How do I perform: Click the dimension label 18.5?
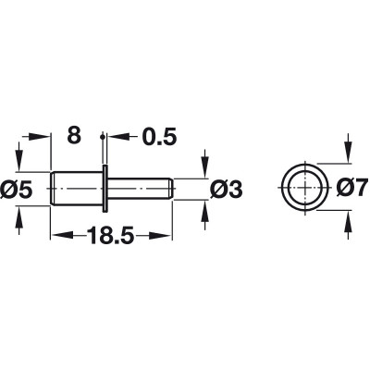111,236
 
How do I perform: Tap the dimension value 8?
74,135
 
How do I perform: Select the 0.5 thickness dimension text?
159,136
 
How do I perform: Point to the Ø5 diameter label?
17,189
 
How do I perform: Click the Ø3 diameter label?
226,189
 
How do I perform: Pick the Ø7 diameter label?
352,187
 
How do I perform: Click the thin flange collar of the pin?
105,189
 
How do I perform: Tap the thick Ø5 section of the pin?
76,189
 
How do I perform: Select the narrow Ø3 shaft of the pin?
140,189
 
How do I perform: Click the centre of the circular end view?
304,188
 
